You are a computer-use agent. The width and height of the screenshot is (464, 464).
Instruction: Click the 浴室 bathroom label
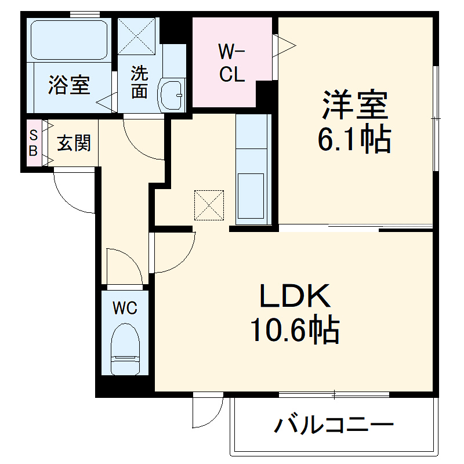[69, 86]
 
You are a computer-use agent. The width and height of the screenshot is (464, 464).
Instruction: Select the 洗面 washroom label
[139, 82]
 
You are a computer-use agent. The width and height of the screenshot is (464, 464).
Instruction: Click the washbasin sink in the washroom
[172, 93]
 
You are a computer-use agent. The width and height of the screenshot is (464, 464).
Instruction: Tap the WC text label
[125, 307]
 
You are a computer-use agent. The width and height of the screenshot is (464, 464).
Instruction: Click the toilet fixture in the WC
[124, 348]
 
